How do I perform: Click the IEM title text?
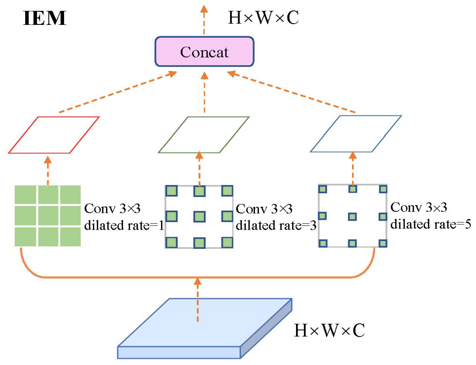point(44,18)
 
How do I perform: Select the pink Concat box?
point(204,52)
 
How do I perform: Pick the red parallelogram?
point(54,135)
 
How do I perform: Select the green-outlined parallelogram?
point(204,135)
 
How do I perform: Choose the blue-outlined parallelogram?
point(356,134)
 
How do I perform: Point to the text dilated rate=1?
point(124,225)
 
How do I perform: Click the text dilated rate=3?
point(276,225)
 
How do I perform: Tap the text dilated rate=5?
point(431,224)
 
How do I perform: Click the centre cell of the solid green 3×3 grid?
point(48,216)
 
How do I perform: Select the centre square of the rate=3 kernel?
point(200,216)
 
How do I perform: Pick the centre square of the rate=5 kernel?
point(352,216)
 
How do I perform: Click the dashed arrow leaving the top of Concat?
point(204,20)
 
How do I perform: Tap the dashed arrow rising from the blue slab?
point(198,301)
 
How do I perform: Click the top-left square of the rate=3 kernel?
point(172,191)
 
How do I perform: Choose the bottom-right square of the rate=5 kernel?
point(383,243)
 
